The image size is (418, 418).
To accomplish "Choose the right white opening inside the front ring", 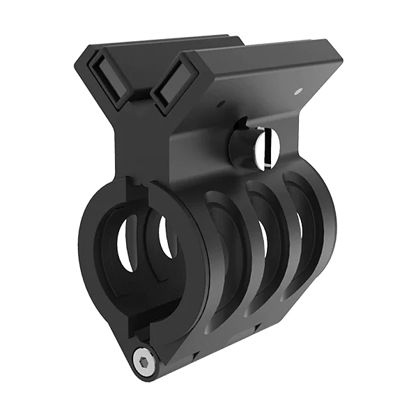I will pos(165,237).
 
